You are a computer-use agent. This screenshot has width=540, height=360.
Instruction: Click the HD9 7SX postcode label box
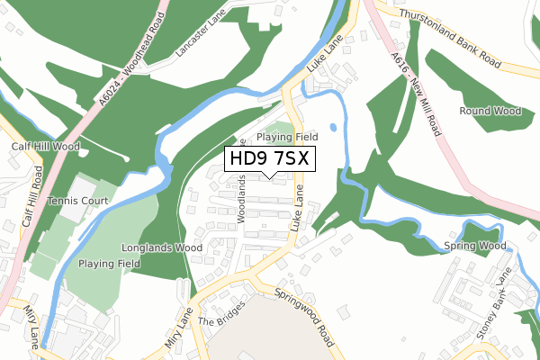click(x=269, y=159)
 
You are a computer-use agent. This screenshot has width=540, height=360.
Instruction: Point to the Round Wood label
click(x=490, y=112)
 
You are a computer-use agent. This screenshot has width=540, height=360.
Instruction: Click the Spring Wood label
click(x=476, y=245)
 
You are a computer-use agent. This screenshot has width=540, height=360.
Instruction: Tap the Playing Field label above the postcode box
click(x=287, y=137)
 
